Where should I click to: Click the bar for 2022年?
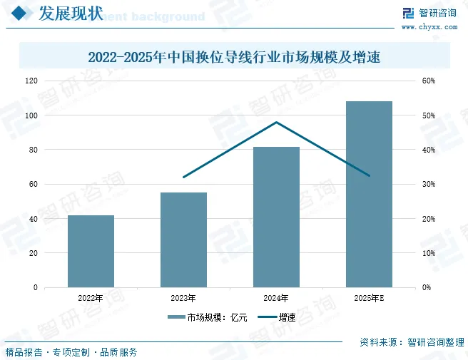click(91, 251)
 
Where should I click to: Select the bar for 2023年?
click(183, 240)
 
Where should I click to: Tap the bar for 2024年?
click(276, 217)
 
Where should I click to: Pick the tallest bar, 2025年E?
click(369, 194)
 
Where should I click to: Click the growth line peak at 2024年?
click(276, 122)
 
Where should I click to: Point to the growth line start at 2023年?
click(183, 177)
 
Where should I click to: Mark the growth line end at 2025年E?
click(369, 175)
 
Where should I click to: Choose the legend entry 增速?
click(278, 317)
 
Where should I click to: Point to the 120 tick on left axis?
click(31, 81)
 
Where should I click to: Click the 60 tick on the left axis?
click(33, 184)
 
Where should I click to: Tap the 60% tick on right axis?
click(429, 81)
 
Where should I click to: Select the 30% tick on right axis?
click(429, 184)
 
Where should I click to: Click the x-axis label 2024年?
click(276, 298)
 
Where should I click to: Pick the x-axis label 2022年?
click(91, 298)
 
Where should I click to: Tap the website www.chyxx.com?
click(429, 27)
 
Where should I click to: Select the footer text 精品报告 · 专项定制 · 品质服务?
click(71, 351)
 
